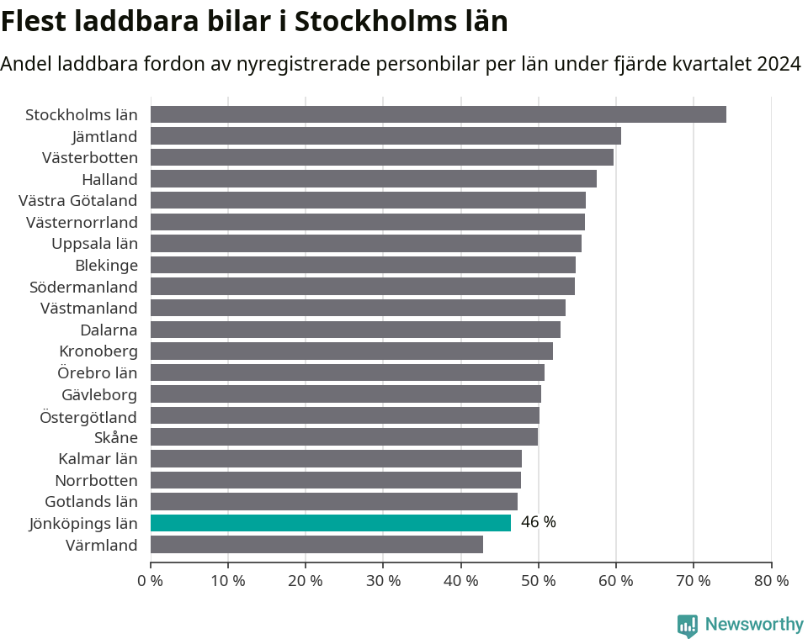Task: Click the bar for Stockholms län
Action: click(x=438, y=114)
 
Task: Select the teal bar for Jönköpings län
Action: click(x=330, y=523)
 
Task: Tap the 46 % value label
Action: click(x=538, y=522)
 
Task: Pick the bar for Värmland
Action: click(x=316, y=545)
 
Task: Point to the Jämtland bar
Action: click(x=385, y=136)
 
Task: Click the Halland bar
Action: click(x=373, y=179)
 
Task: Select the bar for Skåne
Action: click(x=343, y=437)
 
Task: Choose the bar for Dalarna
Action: click(x=355, y=330)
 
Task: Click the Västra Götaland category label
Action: click(x=77, y=200)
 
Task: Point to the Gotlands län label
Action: click(x=91, y=501)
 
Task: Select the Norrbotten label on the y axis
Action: click(x=96, y=480)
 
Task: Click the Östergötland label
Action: click(x=88, y=416)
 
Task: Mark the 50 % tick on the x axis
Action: click(x=538, y=580)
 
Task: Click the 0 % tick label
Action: click(x=150, y=580)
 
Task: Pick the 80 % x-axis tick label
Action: click(x=771, y=580)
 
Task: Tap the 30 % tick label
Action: click(x=383, y=580)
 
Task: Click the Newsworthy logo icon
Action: click(x=687, y=625)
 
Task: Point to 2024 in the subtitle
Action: click(x=779, y=64)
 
